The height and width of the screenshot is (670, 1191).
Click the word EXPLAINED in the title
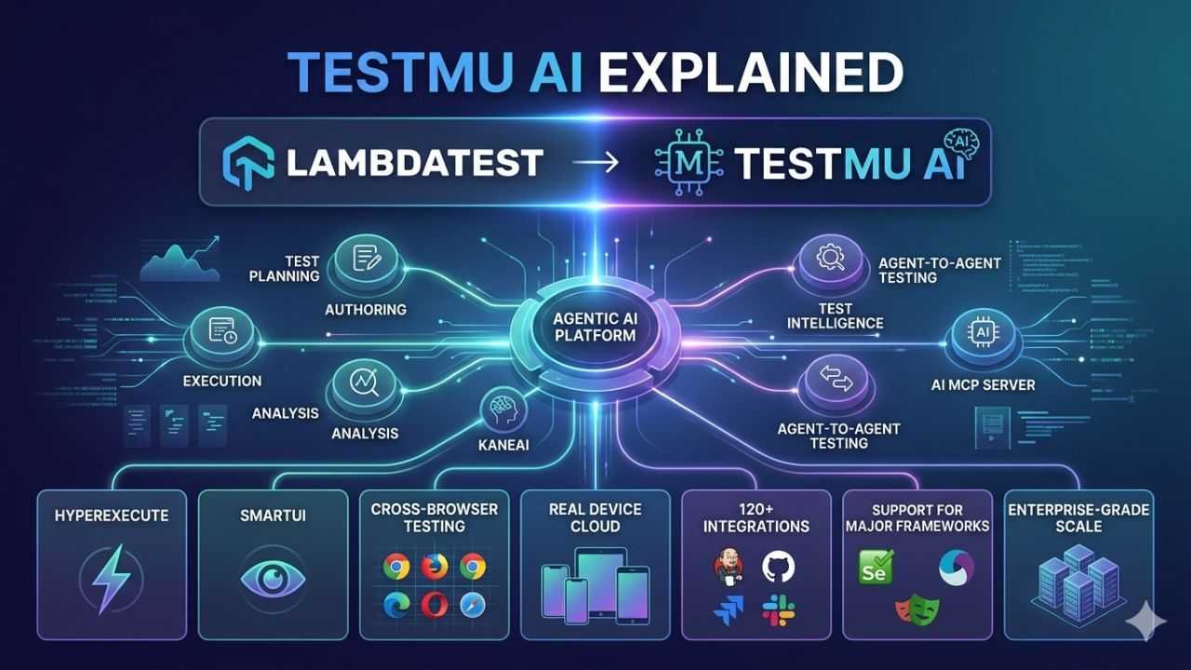point(751,73)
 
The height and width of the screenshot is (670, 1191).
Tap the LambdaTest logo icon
point(248,161)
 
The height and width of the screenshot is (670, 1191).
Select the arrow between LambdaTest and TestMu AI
point(595,163)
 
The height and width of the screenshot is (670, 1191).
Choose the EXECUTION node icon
point(220,332)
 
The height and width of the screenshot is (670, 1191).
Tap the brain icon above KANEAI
point(503,408)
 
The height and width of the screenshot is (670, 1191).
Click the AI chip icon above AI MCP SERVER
point(984,332)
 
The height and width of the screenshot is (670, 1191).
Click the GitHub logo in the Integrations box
point(779,567)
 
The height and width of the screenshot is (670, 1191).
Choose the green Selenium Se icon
point(876,566)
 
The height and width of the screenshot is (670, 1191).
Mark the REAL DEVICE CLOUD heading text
point(596,516)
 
